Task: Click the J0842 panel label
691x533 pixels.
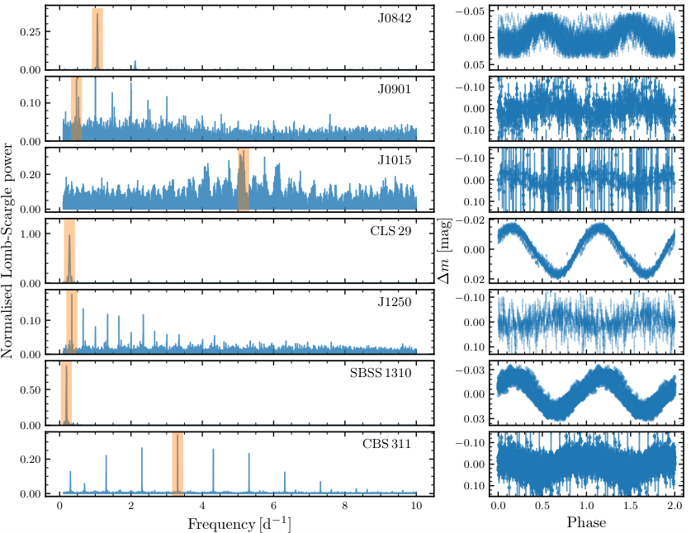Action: pyautogui.click(x=394, y=18)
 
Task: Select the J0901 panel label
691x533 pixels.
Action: pyautogui.click(x=394, y=89)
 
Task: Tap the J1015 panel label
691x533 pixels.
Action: pyautogui.click(x=394, y=160)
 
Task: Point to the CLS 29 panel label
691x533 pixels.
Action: pyautogui.click(x=390, y=231)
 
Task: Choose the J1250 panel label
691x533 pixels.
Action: pyautogui.click(x=394, y=302)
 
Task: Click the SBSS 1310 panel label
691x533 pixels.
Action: pyautogui.click(x=381, y=373)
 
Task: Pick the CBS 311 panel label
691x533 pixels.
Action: pyautogui.click(x=386, y=443)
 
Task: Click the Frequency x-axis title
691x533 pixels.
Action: pyautogui.click(x=239, y=524)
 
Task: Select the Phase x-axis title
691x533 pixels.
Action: pyautogui.click(x=586, y=522)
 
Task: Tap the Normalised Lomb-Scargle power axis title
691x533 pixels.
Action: pyautogui.click(x=7, y=251)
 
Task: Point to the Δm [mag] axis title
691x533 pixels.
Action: pyautogui.click(x=444, y=252)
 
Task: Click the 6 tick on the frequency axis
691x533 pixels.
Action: pyautogui.click(x=273, y=505)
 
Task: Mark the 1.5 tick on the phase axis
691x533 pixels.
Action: pyautogui.click(x=630, y=505)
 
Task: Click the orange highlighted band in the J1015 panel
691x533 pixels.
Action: pyautogui.click(x=244, y=180)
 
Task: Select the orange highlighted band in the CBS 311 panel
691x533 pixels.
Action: pyautogui.click(x=177, y=464)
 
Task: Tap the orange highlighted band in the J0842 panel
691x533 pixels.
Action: pyautogui.click(x=97, y=39)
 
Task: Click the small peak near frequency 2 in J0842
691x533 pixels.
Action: pyautogui.click(x=135, y=65)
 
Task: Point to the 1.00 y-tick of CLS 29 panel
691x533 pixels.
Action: pyautogui.click(x=31, y=233)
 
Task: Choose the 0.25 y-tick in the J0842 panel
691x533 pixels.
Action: pyautogui.click(x=31, y=31)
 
